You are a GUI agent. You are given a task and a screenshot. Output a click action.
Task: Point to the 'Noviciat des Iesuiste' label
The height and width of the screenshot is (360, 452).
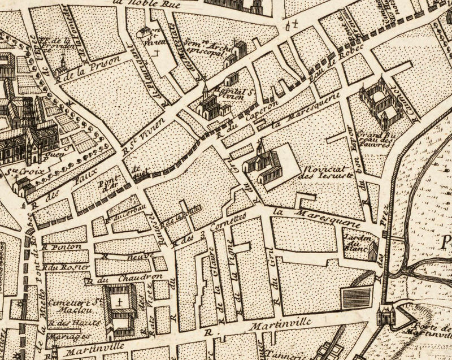pyautogui.click(x=321, y=172)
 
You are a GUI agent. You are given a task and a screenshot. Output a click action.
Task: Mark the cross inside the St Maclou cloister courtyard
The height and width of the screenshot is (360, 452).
pyautogui.click(x=119, y=303)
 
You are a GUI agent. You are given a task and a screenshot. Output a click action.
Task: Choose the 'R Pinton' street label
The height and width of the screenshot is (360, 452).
pyautogui.click(x=59, y=247)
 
